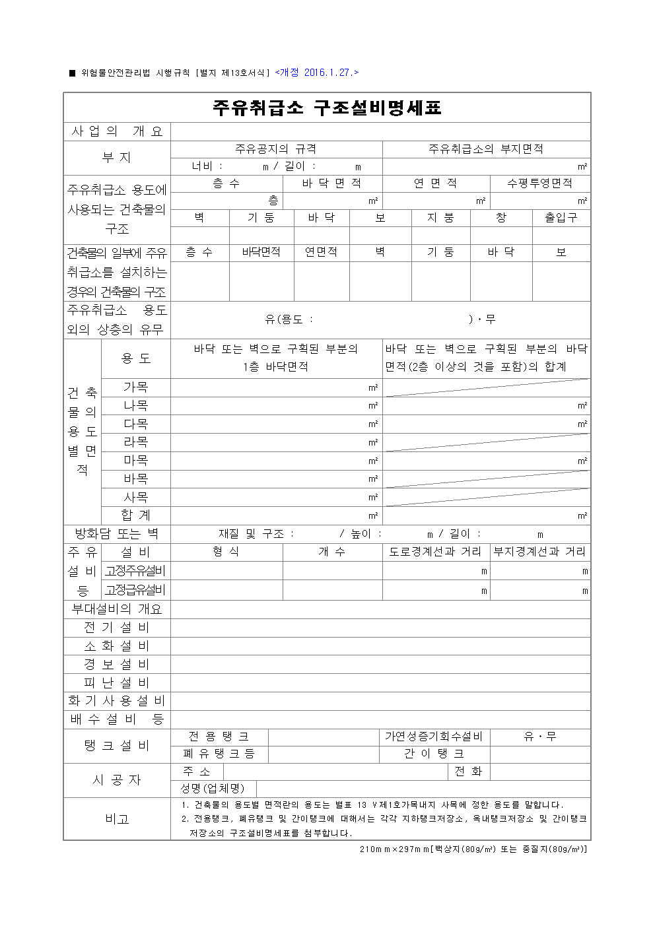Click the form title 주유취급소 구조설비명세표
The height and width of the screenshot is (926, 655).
pyautogui.click(x=327, y=108)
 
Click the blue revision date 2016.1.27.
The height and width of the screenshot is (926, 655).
pyautogui.click(x=317, y=73)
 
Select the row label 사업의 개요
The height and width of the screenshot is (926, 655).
pyautogui.click(x=117, y=131)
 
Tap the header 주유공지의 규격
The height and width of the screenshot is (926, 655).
pyautogui.click(x=276, y=149)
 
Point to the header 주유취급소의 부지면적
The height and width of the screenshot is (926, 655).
pyautogui.click(x=486, y=149)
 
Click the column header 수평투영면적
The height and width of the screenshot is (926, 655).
pyautogui.click(x=539, y=183)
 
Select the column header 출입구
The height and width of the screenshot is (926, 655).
pyautogui.click(x=561, y=218)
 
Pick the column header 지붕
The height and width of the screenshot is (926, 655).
pyautogui.click(x=440, y=218)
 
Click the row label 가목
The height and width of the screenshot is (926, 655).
pyautogui.click(x=135, y=387)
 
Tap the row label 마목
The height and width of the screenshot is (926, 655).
pyautogui.click(x=135, y=461)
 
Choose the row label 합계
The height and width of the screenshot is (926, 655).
pyautogui.click(x=135, y=515)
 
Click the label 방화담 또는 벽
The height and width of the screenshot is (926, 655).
pyautogui.click(x=117, y=534)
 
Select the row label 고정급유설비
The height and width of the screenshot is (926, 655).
pyautogui.click(x=135, y=590)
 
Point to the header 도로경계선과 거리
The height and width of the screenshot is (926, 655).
pyautogui.click(x=436, y=552)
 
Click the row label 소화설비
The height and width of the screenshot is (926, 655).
pyautogui.click(x=117, y=646)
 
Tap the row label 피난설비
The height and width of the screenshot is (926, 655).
pyautogui.click(x=117, y=683)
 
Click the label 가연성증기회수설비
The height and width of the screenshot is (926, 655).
pyautogui.click(x=434, y=737)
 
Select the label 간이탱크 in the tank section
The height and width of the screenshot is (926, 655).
pyautogui.click(x=434, y=754)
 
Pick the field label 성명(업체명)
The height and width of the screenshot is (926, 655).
pyautogui.click(x=213, y=789)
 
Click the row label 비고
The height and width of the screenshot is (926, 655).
pyautogui.click(x=117, y=819)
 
